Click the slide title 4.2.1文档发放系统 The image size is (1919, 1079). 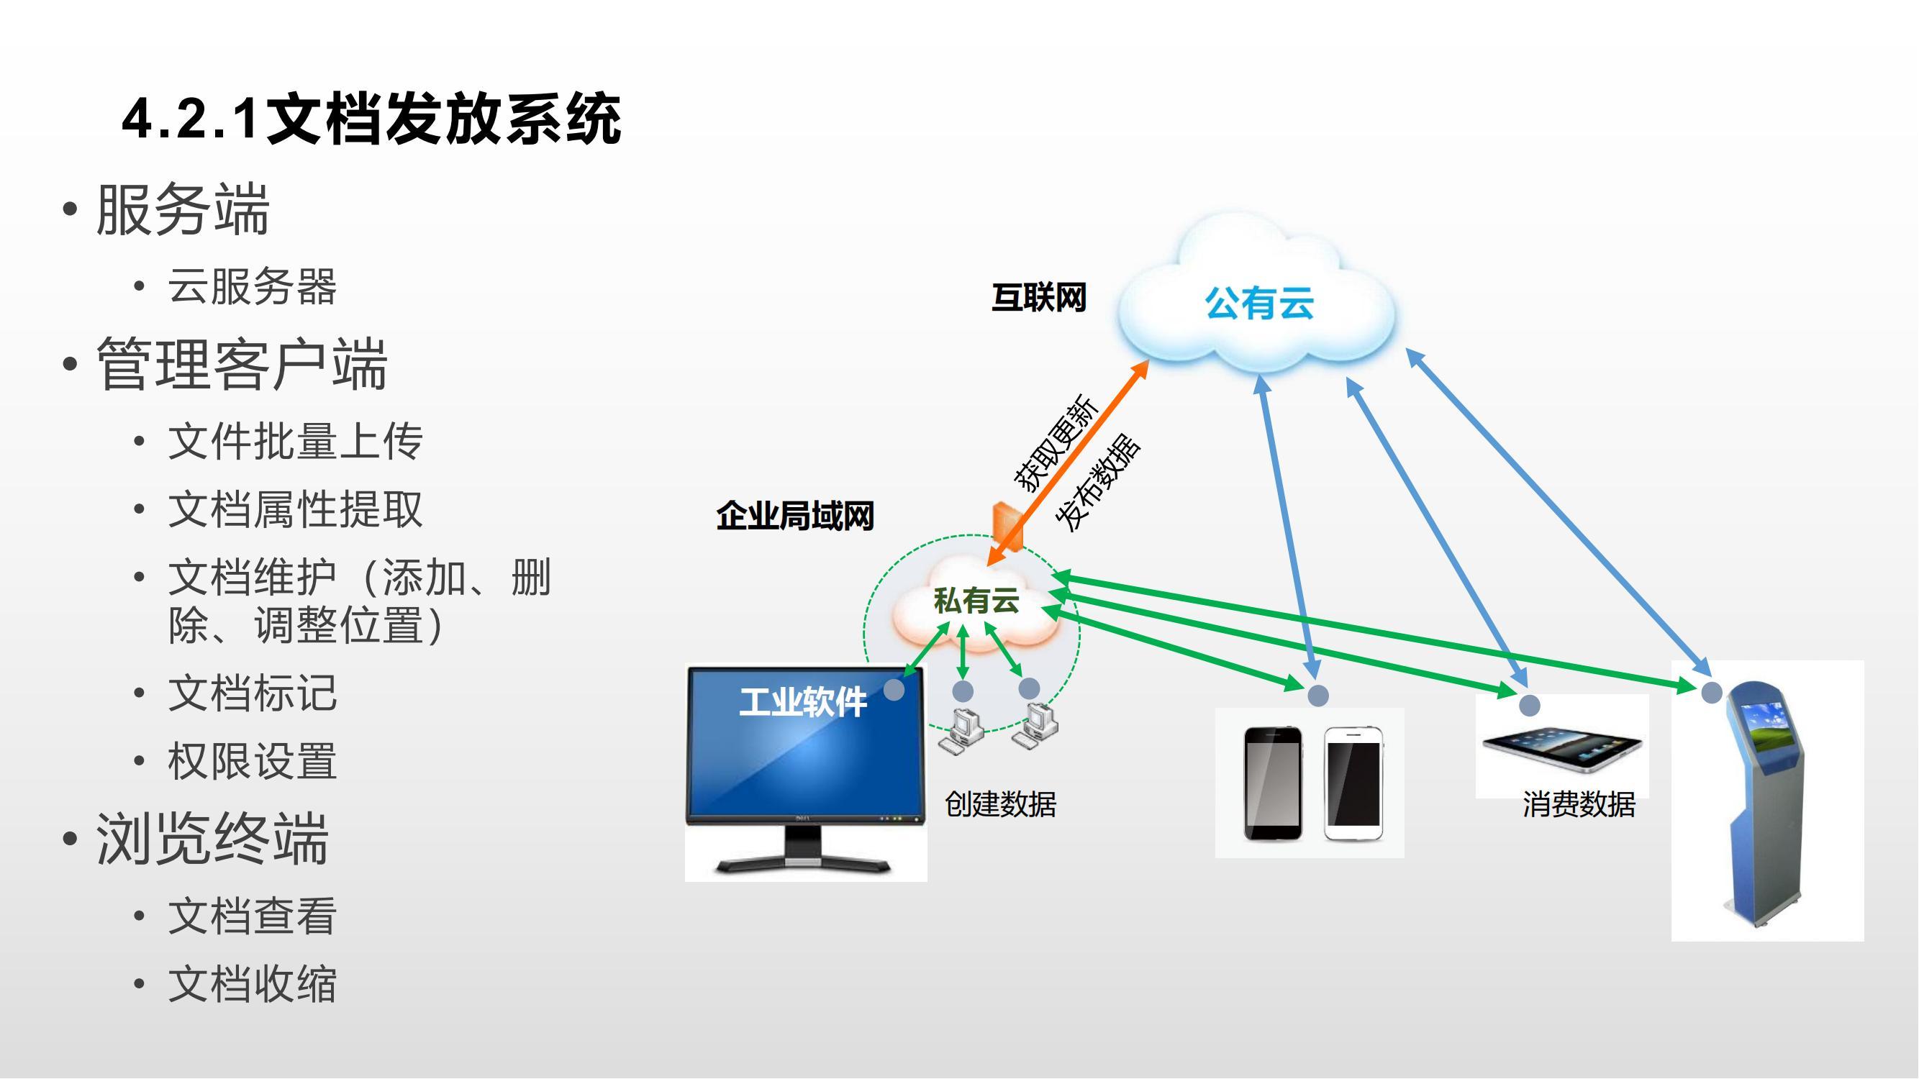[x=371, y=119]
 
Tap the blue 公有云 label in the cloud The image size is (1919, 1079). [x=1259, y=304]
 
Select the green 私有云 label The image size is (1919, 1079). [x=976, y=600]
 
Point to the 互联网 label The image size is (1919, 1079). [x=1038, y=298]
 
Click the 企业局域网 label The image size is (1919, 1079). [x=795, y=516]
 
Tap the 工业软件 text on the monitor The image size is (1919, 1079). [x=803, y=702]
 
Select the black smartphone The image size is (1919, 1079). [x=1273, y=784]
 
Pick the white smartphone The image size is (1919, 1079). [x=1353, y=784]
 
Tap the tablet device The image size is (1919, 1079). [x=1562, y=749]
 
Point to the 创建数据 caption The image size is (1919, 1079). [x=1000, y=805]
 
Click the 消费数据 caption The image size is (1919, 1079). [x=1579, y=805]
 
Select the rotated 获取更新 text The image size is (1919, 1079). [x=1056, y=444]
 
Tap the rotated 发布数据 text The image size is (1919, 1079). [x=1099, y=483]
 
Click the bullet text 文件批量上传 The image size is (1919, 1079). [x=295, y=441]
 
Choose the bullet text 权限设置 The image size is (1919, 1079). [x=252, y=761]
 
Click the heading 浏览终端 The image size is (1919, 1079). [x=212, y=839]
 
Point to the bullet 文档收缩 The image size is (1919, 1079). [x=252, y=985]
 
